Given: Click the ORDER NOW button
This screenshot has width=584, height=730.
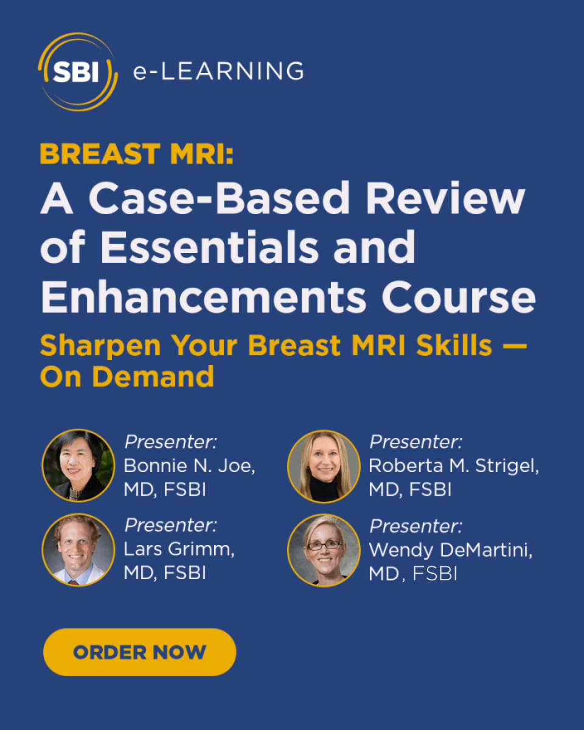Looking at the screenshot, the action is pos(139,652).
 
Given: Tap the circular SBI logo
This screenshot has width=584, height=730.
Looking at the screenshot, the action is pos(78,72).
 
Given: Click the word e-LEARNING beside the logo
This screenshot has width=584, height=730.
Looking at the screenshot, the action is pos(218,71).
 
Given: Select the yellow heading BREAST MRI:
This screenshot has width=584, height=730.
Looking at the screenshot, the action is pos(137,154).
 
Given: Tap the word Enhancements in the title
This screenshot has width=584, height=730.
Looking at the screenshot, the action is pos(204,296).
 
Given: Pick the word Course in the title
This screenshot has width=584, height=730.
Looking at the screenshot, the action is pos(459,297).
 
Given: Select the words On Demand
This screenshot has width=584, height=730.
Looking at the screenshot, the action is pos(127,377).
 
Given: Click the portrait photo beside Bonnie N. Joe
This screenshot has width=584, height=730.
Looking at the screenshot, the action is pos(78,465).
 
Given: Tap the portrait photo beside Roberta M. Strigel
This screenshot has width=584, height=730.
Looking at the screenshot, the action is pos(324,466).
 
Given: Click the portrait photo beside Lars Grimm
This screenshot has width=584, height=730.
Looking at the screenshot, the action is pos(78,549).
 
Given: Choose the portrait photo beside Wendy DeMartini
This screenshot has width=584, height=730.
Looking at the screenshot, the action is pos(324,550).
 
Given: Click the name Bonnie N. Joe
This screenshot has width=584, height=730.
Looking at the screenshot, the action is pos(189,466).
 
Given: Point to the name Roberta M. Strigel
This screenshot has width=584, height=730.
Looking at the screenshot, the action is pos(454,467).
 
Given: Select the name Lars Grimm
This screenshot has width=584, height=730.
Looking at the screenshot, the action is pos(179,549).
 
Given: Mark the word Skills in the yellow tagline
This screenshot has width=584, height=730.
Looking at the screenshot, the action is pos(454,345).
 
